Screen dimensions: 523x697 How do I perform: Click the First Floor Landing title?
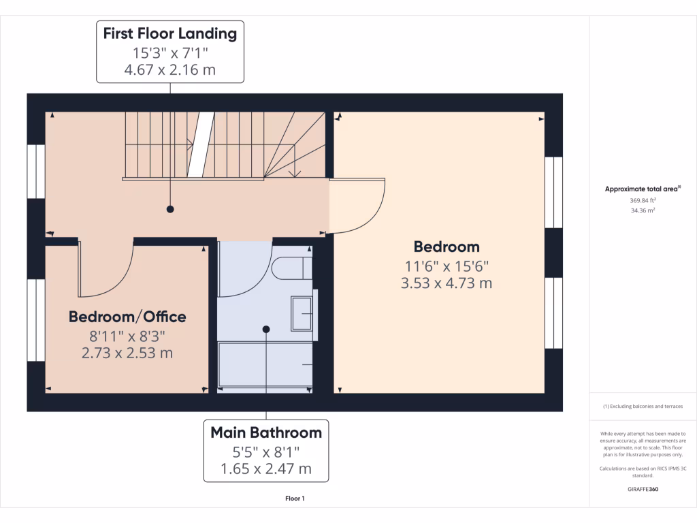tap(169, 33)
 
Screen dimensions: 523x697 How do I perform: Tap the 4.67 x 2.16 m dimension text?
tap(169, 69)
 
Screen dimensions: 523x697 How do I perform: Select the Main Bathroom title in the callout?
tap(265, 432)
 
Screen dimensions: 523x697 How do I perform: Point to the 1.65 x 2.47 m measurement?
tap(265, 469)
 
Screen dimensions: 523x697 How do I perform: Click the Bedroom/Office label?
tap(127, 317)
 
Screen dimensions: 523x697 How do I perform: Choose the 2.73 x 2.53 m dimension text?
tap(127, 353)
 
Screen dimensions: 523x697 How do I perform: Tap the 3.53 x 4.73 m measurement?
tap(447, 283)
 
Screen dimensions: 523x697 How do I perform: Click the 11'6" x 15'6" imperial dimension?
tap(447, 266)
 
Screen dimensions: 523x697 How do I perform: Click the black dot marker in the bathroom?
tap(266, 330)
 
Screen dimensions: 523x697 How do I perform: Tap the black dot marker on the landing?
tap(170, 209)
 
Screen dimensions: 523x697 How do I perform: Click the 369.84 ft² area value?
tap(643, 201)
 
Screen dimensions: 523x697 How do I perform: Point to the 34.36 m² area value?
tap(643, 211)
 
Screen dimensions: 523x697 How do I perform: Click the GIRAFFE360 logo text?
tap(643, 489)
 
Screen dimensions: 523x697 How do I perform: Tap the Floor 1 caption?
tap(295, 498)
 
